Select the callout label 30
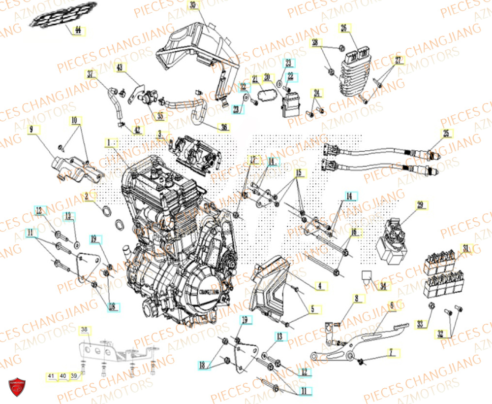point(193,5)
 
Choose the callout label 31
point(466,247)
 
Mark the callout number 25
point(446,134)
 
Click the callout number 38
point(84,329)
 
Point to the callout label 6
point(392,306)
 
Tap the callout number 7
point(392,353)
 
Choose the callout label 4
point(319,285)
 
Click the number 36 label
point(224,128)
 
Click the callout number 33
point(420,324)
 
